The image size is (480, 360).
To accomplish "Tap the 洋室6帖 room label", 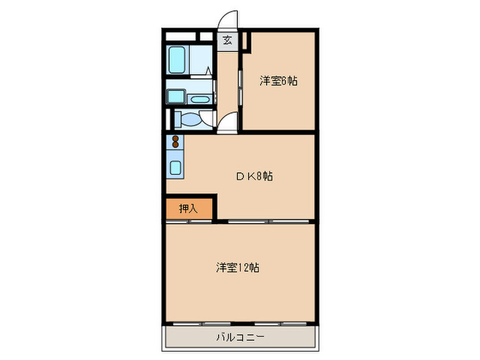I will tap(278, 81).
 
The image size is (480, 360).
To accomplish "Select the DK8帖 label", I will tap(255, 176).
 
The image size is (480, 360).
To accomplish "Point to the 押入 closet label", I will tap(189, 208).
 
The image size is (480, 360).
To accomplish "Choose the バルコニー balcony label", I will tap(240, 337).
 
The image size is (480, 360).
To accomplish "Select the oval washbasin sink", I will tap(200, 100).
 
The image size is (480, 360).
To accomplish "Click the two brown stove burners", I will tap(175, 143).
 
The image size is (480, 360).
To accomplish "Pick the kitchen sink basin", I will tap(175, 167).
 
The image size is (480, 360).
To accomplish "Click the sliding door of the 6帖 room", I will tap(240, 86).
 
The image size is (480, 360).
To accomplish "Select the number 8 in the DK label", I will tap(261, 176).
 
